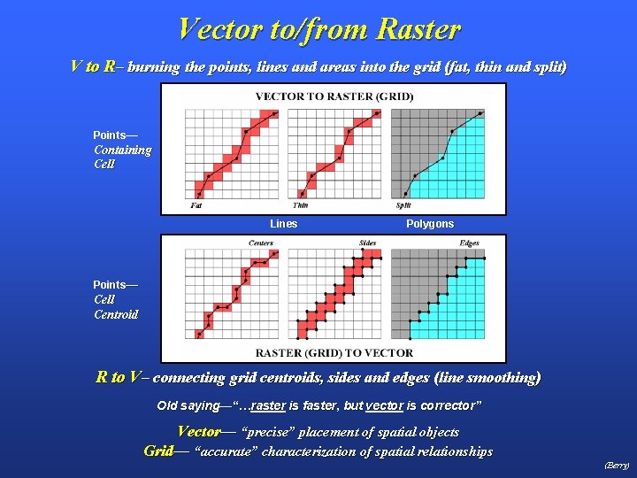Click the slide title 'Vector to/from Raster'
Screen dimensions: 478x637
[318, 28]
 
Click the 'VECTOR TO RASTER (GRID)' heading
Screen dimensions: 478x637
[334, 96]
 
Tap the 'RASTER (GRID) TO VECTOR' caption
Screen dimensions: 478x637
[334, 352]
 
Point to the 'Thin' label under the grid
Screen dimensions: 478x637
[300, 206]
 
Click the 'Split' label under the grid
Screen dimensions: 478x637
[403, 206]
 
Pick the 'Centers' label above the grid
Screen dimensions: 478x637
[260, 243]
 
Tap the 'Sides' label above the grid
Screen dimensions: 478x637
[367, 243]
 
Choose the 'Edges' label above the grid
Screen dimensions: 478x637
[469, 243]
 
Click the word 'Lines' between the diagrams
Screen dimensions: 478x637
[283, 224]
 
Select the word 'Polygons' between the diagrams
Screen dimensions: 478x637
[430, 224]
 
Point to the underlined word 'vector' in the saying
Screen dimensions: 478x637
[384, 405]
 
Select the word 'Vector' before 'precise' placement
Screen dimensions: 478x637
[199, 432]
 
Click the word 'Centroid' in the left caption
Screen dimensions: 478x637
[116, 314]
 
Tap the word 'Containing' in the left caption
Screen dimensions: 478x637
[122, 150]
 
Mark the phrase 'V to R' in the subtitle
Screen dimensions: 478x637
[92, 66]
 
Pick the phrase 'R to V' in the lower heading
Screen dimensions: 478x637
[119, 377]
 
